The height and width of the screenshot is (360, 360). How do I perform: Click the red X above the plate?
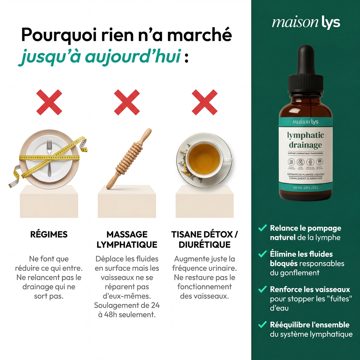pos(49,102)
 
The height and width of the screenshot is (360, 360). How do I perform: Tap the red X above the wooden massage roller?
pos(127,102)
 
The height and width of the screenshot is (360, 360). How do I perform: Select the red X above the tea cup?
pos(204,102)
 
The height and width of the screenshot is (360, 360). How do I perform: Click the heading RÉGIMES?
pos(49,234)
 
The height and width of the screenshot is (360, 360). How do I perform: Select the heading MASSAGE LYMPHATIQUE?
pos(127,239)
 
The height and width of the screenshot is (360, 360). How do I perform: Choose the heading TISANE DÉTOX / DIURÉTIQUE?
pos(205,239)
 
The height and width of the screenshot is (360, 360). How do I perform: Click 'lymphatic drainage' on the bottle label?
pos(305,140)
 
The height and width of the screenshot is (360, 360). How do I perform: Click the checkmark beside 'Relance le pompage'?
pos(262,228)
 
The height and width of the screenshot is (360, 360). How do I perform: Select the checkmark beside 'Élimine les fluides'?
pos(262,254)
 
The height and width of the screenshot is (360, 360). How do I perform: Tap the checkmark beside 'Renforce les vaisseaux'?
pos(262,289)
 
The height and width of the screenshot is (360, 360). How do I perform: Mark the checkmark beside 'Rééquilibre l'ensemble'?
pos(262,324)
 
